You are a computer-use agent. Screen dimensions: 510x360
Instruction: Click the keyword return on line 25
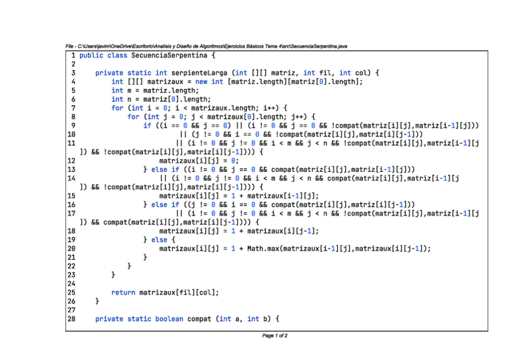pyautogui.click(x=123, y=293)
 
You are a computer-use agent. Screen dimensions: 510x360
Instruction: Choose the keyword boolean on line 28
pyautogui.click(x=169, y=319)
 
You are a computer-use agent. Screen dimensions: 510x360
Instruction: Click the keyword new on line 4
pyautogui.click(x=201, y=82)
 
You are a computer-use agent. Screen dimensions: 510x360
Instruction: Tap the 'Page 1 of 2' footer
pyautogui.click(x=275, y=335)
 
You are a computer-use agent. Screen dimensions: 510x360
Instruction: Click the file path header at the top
pyautogui.click(x=206, y=46)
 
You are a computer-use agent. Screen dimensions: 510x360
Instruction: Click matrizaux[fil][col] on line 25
pyautogui.click(x=179, y=293)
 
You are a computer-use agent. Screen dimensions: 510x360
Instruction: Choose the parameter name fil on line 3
pyautogui.click(x=325, y=73)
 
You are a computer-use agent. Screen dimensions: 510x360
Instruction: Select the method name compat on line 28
pyautogui.click(x=199, y=319)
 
